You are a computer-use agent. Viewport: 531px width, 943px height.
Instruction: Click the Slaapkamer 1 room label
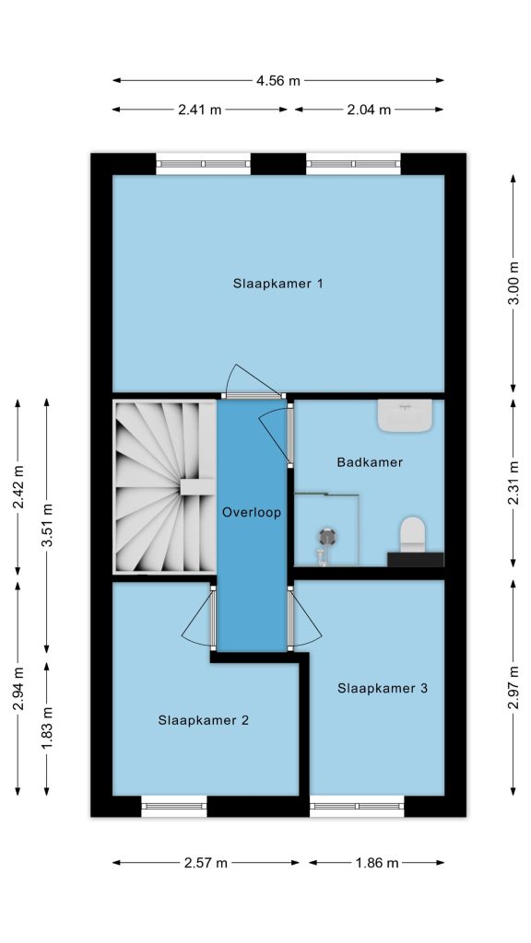(x=278, y=284)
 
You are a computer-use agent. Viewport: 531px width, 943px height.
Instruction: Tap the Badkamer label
(x=370, y=462)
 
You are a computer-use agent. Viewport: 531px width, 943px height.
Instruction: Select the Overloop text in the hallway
(x=252, y=513)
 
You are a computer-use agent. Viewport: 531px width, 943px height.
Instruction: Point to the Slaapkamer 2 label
(x=204, y=720)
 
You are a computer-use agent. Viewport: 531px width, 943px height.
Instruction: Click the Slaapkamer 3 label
(x=383, y=688)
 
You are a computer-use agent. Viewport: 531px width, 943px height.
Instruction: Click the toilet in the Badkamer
(x=413, y=533)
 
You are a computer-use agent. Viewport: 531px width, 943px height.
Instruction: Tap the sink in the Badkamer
(x=405, y=415)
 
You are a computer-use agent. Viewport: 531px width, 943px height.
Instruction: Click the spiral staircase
(x=164, y=486)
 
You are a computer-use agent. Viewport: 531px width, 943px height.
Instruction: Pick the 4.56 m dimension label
(x=278, y=81)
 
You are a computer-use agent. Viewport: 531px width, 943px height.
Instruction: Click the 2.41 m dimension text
(x=200, y=110)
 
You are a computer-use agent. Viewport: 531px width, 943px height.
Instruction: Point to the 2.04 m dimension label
(x=370, y=110)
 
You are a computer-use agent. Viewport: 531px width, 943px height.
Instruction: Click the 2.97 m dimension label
(x=513, y=687)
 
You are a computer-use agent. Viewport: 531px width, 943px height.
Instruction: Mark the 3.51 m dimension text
(x=47, y=524)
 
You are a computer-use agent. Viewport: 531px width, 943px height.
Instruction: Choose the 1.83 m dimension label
(x=47, y=728)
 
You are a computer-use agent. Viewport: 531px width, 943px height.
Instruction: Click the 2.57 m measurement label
(x=206, y=863)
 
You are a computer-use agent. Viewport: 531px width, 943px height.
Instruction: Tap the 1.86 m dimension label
(x=377, y=863)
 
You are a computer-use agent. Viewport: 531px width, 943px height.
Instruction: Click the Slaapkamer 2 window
(x=174, y=806)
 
